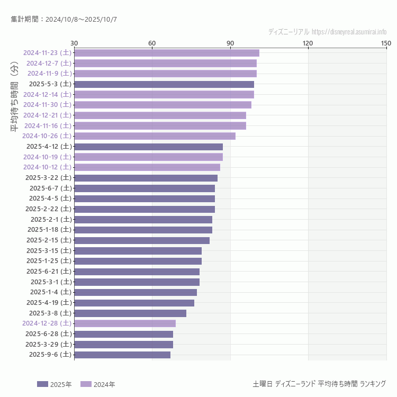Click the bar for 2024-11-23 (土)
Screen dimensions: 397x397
point(167,53)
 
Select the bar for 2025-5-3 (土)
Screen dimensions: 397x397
point(164,84)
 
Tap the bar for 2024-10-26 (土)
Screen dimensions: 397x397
point(155,136)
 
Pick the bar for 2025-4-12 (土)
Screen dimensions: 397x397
point(148,147)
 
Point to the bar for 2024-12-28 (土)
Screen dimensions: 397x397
point(125,323)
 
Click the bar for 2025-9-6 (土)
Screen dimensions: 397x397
point(122,355)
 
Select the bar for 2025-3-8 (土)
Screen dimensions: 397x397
point(130,313)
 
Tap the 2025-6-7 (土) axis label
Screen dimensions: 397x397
point(51,188)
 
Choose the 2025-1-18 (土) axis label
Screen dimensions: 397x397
point(49,230)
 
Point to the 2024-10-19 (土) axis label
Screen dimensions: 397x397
point(48,157)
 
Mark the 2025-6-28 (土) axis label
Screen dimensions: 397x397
point(49,333)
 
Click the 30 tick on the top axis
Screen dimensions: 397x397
point(74,43)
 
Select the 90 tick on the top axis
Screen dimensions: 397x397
point(230,43)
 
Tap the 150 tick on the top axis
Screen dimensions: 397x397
point(386,43)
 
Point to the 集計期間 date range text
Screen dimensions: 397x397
point(64,19)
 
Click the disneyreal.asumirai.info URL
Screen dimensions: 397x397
point(349,32)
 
